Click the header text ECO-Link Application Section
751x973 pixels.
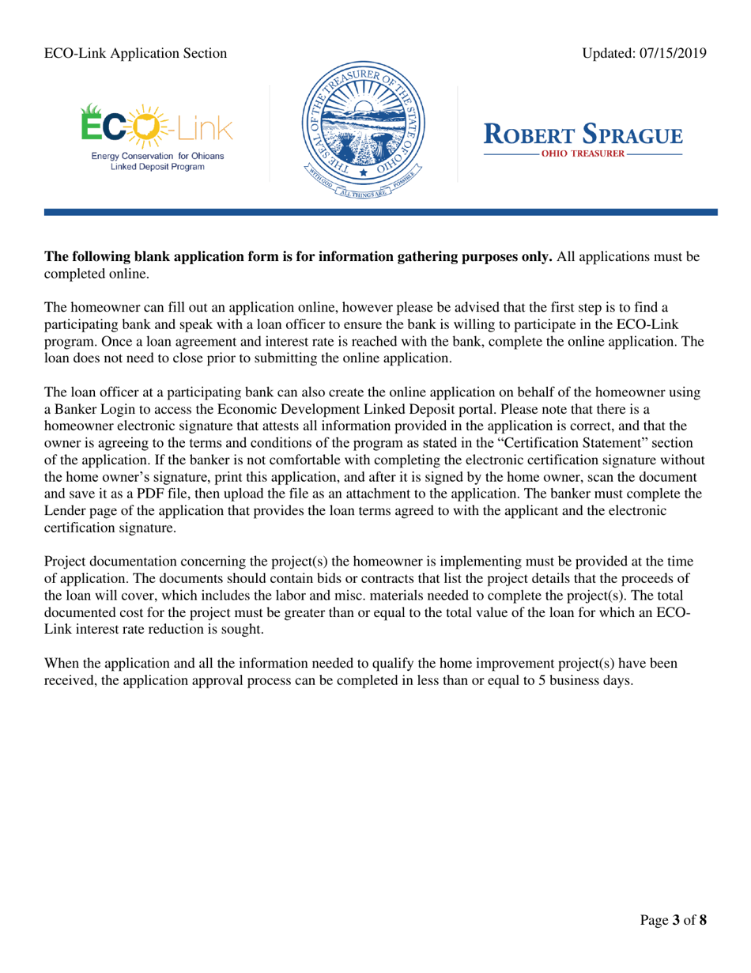135,53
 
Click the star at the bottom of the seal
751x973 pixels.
364,172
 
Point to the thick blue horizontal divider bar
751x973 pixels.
375,212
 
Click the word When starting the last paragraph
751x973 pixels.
62,665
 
